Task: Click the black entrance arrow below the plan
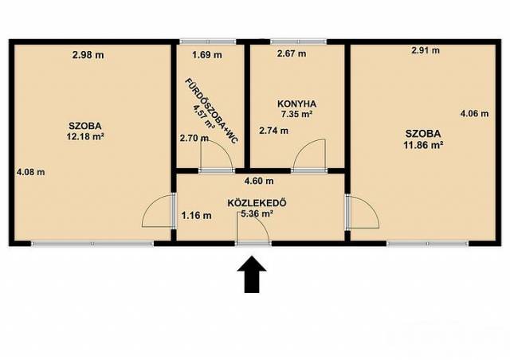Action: (252, 274)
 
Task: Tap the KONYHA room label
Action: (296, 104)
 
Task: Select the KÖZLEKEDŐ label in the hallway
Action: (257, 203)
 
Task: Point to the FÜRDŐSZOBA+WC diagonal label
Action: (212, 111)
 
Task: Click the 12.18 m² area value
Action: (85, 136)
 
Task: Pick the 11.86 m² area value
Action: (423, 145)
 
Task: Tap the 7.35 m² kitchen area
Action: (296, 114)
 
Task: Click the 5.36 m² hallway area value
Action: (257, 213)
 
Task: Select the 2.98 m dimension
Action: (88, 55)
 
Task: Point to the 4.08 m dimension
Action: (30, 172)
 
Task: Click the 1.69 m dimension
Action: (207, 55)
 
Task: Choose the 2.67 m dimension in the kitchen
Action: (292, 53)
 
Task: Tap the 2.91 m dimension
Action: (426, 50)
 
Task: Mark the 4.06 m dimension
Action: (475, 114)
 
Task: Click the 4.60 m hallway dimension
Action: (259, 181)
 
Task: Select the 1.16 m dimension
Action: (197, 215)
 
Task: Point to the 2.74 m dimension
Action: (273, 131)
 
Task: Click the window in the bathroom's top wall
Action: (207, 41)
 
